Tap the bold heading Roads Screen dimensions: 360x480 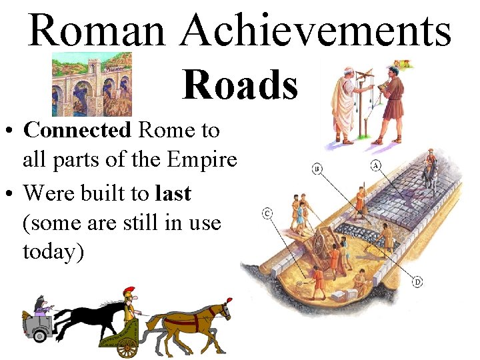point(240,85)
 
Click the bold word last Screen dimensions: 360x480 point(173,193)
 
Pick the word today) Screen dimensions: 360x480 point(53,253)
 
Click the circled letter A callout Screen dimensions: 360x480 point(376,165)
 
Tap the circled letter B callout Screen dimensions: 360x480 point(317,169)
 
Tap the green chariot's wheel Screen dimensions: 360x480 point(126,347)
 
